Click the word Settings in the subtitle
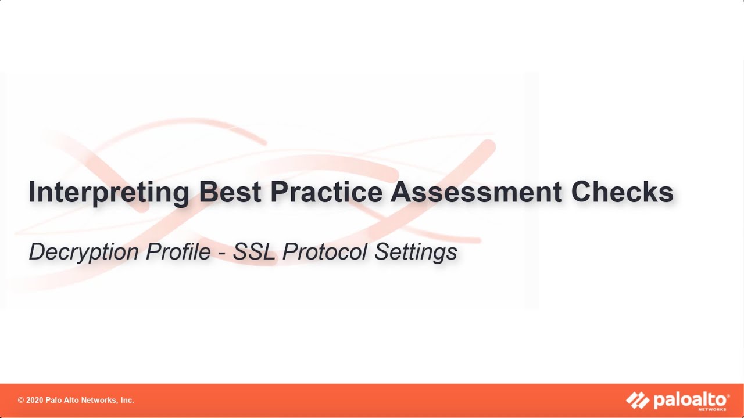pos(416,252)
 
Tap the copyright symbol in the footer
pos(21,401)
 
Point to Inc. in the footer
pos(126,401)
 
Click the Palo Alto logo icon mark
pos(638,400)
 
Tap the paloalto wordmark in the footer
pos(691,399)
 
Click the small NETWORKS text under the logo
pos(717,409)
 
